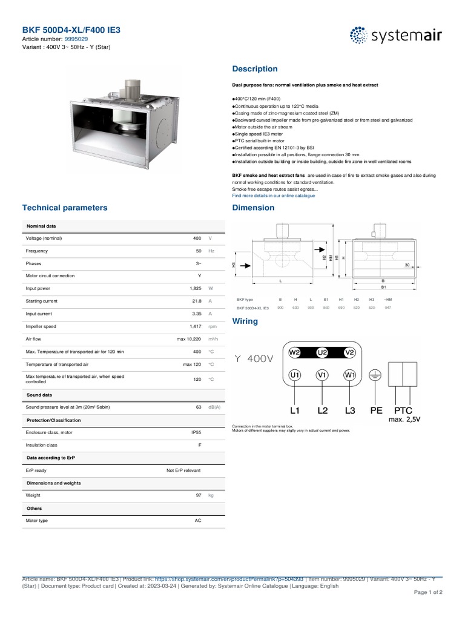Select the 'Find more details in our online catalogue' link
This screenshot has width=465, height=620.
tap(273, 196)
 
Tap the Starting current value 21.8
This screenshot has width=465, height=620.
tap(196, 301)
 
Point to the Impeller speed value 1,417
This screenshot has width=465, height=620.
tap(195, 326)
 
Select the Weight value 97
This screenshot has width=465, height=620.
tap(198, 495)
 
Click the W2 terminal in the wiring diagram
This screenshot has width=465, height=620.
tap(294, 352)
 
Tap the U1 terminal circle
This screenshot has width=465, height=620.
tap(295, 375)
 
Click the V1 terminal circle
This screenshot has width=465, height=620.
tap(322, 375)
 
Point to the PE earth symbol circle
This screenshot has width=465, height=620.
tap(376, 375)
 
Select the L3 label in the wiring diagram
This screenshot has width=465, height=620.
tap(349, 411)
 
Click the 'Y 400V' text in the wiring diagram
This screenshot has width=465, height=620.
tap(253, 359)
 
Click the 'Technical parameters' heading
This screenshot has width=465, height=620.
tap(65, 208)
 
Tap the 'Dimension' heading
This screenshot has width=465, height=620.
tap(253, 208)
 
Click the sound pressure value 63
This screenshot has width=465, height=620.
tap(198, 407)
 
